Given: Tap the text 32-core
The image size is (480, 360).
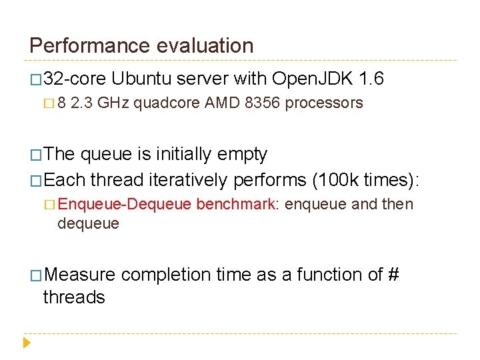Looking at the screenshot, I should pos(75,79).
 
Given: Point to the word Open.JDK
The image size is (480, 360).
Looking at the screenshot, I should pos(312,79).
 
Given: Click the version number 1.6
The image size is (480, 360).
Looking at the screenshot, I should pos(371,79).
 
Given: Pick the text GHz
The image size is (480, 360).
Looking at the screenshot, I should pos(115,103).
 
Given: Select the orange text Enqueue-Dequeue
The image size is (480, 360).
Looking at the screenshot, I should pos(125,205).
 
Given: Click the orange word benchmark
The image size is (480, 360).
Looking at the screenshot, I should pos(236,205).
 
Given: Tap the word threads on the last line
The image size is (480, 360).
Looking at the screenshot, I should pos(74,297).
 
